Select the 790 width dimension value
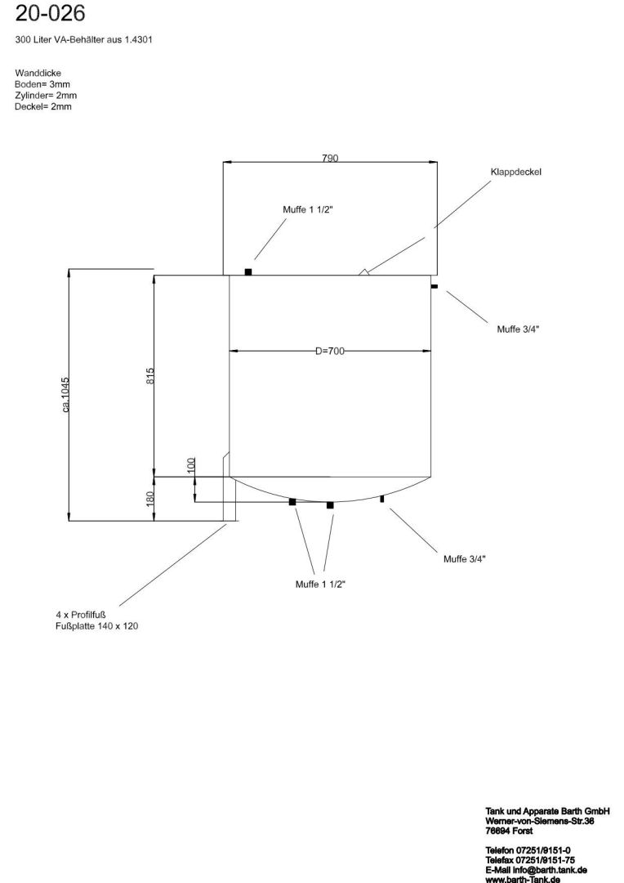pos(330,158)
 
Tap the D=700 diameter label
pos(330,351)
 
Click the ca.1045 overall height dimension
pos(65,394)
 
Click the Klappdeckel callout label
pos(515,173)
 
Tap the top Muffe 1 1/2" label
pos(308,210)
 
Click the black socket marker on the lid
pos(248,271)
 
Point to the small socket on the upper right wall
pos(435,286)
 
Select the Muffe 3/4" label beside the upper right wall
pos(518,329)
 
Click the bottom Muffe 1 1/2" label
pos(321,585)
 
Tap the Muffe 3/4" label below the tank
pos(465,559)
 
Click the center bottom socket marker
pos(330,505)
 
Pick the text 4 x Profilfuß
pos(82,615)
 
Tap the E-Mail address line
pos(536,870)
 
